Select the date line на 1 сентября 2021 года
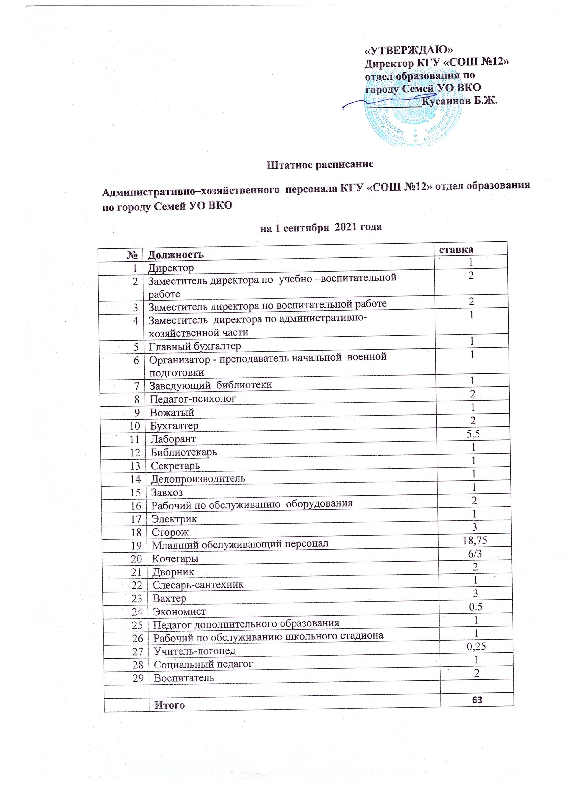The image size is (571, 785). [321, 227]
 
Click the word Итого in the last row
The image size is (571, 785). [169, 695]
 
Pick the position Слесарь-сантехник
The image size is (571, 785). [198, 585]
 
